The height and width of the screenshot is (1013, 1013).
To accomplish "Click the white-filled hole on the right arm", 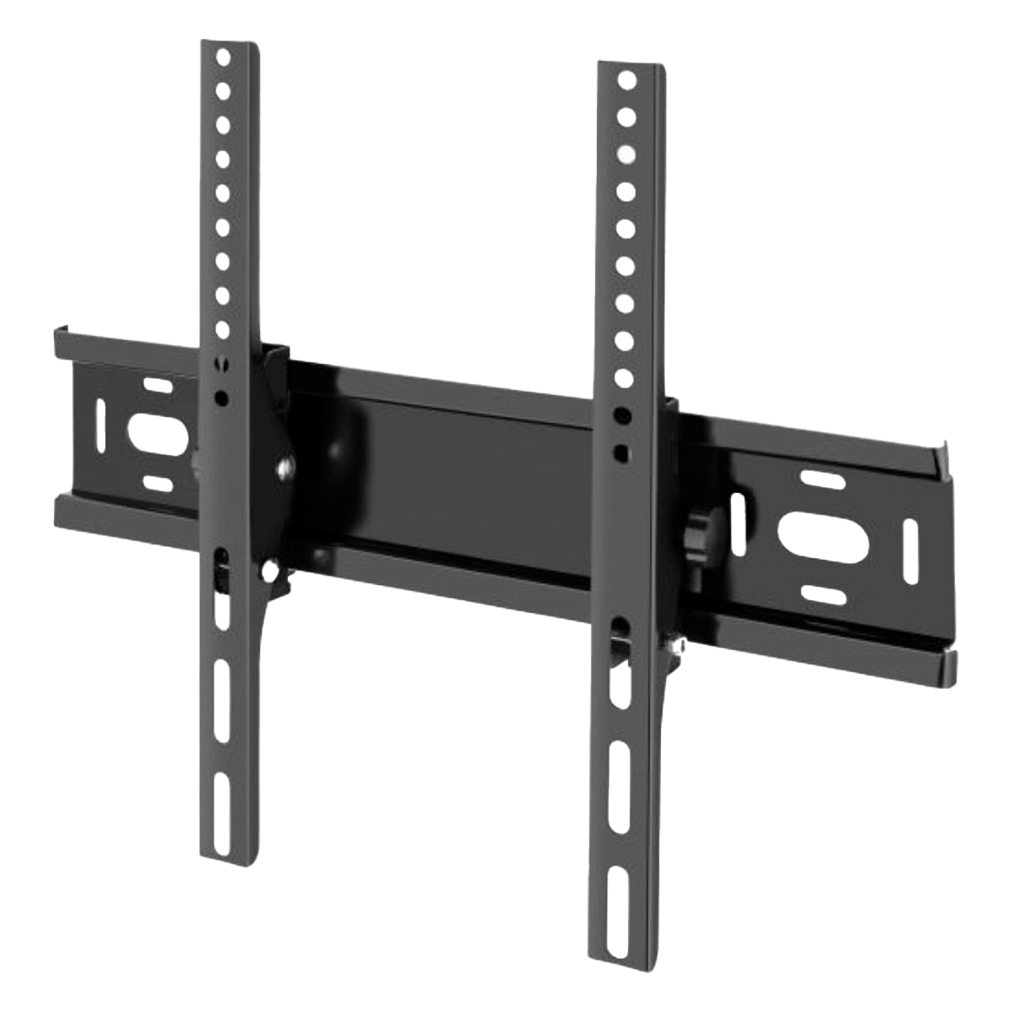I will (626, 154).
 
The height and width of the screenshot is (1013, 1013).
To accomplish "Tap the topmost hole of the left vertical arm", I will (223, 59).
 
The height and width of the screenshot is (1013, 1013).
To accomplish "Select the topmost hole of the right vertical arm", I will (626, 80).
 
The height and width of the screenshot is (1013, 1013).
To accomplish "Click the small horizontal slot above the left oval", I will (158, 386).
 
